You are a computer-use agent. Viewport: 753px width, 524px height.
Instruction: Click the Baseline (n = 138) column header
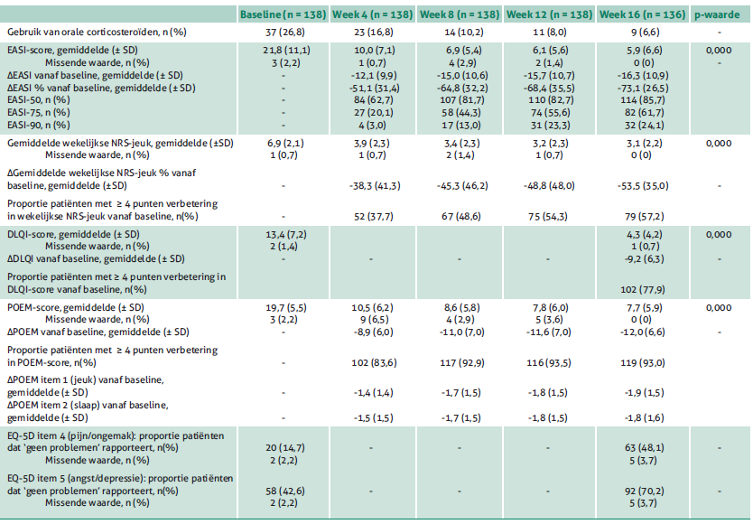(284, 14)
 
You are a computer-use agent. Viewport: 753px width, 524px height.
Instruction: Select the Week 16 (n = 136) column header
(642, 14)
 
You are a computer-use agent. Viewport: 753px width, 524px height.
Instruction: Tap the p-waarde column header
(717, 14)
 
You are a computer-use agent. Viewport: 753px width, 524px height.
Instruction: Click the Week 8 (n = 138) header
(460, 14)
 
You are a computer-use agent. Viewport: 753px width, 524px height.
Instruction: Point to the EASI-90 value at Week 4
(372, 125)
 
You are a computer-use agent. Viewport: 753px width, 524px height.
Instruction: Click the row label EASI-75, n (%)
(39, 113)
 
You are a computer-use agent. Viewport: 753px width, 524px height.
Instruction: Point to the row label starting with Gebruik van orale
(97, 33)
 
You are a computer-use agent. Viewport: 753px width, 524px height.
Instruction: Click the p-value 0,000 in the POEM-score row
(719, 308)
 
